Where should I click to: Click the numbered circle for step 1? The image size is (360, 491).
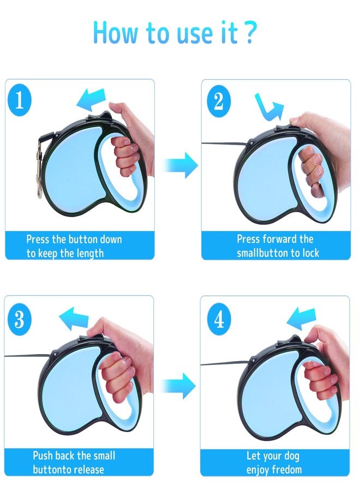coord(20,100)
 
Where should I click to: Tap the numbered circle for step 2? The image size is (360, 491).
coord(219,100)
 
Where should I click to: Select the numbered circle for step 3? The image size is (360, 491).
coord(19,319)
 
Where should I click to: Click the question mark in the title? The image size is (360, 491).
coord(249,32)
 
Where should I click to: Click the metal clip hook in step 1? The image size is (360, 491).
coord(40,170)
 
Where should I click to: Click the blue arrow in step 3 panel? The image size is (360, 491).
coord(74,319)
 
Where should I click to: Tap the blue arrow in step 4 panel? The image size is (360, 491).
coord(301,319)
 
